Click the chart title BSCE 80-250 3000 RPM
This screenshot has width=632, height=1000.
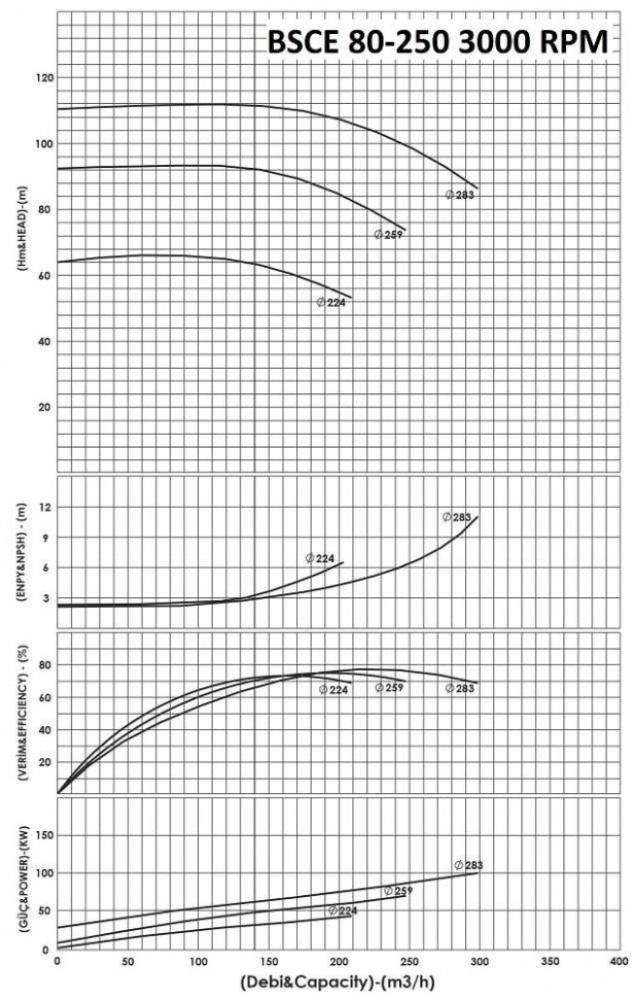coord(436,42)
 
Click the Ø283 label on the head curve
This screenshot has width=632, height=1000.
coord(460,195)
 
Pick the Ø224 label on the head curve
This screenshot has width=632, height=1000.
coord(331,302)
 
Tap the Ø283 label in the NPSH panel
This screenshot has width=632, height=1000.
coord(457,517)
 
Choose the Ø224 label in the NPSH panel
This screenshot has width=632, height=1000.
coord(320,558)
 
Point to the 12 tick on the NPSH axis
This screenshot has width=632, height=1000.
coord(44,507)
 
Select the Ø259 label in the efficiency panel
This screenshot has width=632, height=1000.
coord(389,688)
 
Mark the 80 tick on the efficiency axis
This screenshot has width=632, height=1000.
coord(44,665)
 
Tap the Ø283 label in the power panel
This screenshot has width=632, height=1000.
coord(469,865)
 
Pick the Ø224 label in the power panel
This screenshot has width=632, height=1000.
coord(343,910)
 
